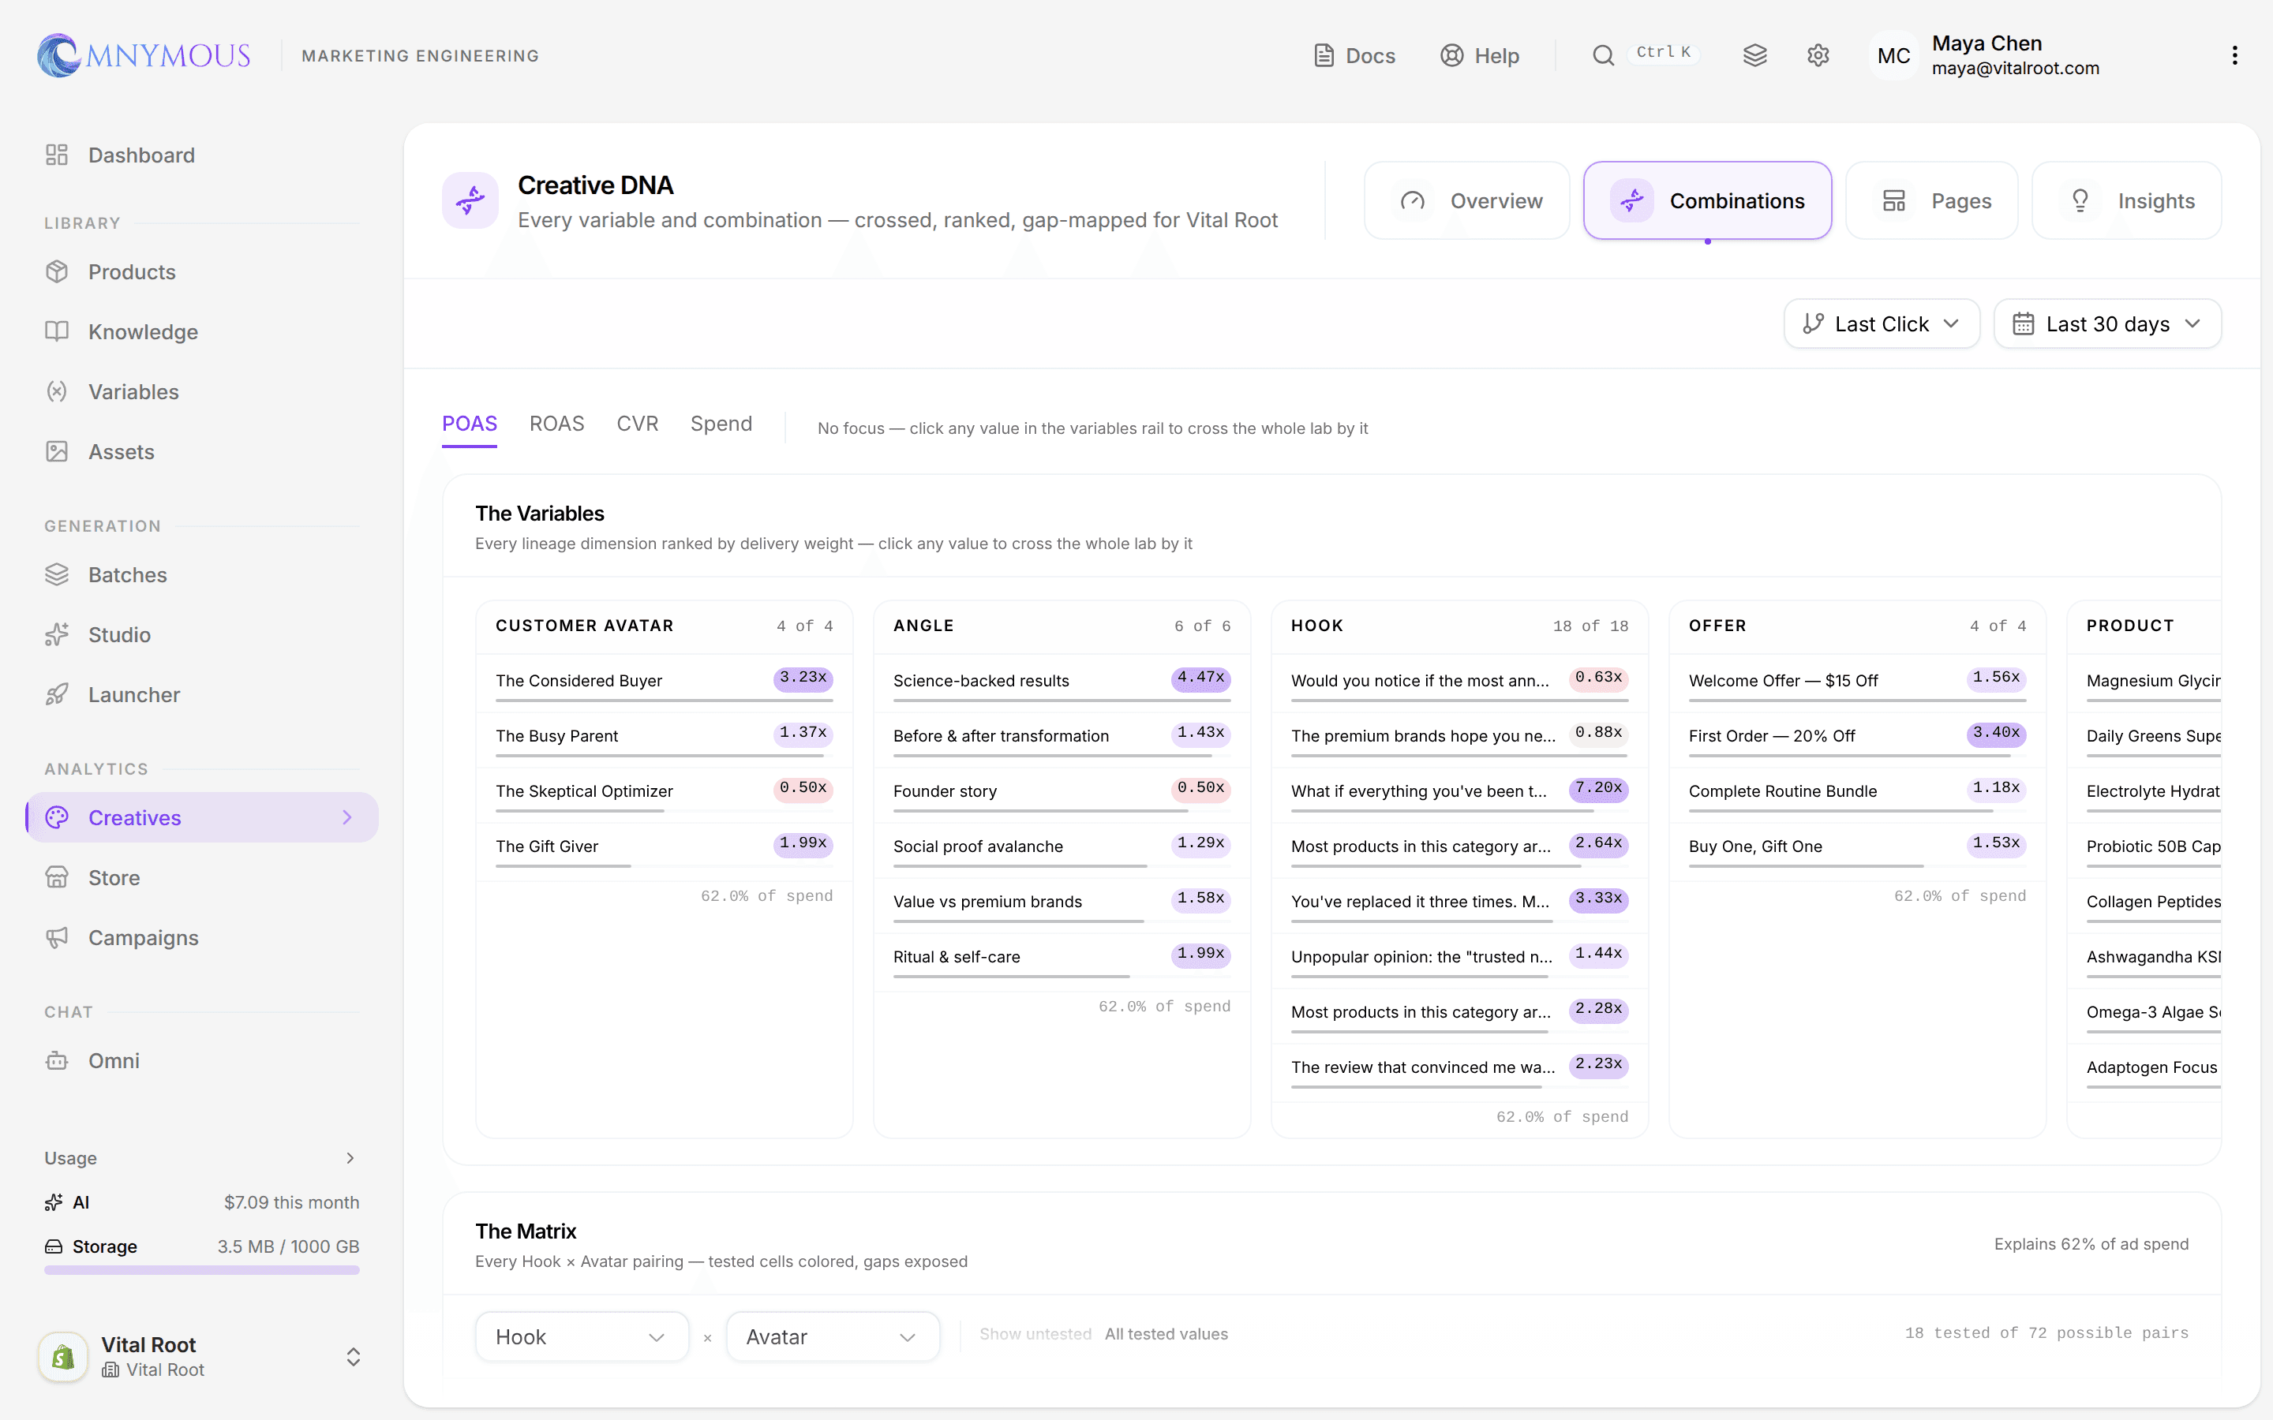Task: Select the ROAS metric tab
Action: pos(556,424)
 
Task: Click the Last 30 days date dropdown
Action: pos(2106,324)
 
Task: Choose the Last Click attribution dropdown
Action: pos(1882,324)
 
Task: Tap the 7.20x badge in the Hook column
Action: pos(1597,789)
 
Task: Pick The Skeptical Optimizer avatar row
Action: pos(584,790)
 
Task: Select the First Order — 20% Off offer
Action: pos(1771,735)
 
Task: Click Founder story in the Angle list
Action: pos(945,790)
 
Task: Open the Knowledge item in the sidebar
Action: pos(143,331)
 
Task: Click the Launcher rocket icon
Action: pos(58,694)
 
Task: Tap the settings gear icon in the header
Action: pos(1818,55)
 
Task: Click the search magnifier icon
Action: pos(1602,55)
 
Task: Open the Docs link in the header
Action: pos(1354,55)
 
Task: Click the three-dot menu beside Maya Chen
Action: pos(2234,55)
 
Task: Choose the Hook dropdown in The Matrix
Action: pos(582,1336)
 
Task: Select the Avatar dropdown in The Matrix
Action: pos(832,1336)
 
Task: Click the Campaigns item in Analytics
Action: pos(143,937)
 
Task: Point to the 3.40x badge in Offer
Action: pos(1996,734)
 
